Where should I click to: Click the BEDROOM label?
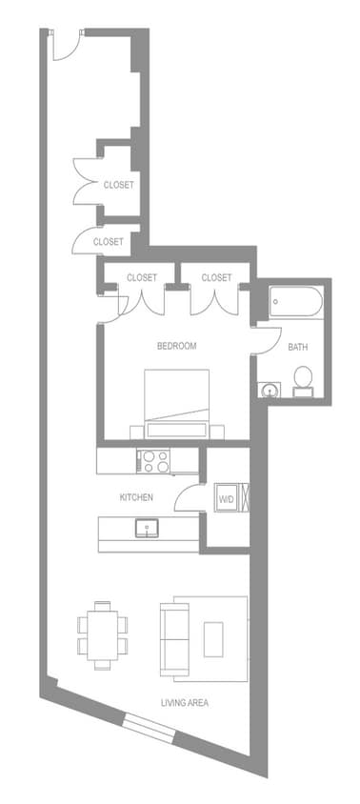(x=176, y=346)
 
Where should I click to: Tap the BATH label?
(x=298, y=347)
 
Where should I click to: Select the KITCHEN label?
(x=136, y=498)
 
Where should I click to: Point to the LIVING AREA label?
(x=185, y=703)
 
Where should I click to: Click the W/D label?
(x=226, y=498)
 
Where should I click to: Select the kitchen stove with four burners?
(x=155, y=462)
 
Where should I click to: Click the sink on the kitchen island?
(x=148, y=527)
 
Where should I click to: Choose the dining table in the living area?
(x=102, y=632)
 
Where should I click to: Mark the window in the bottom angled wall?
(x=150, y=731)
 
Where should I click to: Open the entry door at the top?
(x=67, y=45)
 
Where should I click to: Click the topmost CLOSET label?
(x=118, y=185)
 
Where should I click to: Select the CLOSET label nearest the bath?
(x=216, y=277)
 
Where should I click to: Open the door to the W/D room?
(x=194, y=500)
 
